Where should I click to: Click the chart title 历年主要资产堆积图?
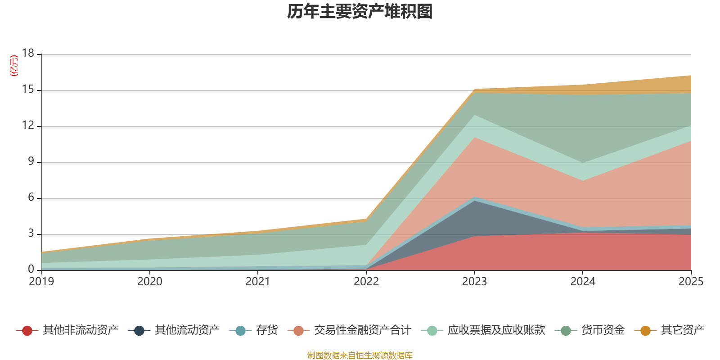pos(360,12)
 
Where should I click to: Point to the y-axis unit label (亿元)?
pos(14,66)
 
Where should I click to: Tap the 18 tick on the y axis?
pos(28,53)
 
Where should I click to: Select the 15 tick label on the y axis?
pos(28,89)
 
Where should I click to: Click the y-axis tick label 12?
pos(28,125)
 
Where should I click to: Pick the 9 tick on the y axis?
pos(31,161)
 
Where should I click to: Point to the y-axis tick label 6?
pos(31,197)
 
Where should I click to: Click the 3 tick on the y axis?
pos(31,233)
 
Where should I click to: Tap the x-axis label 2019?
pos(41,282)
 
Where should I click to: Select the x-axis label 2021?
pos(258,282)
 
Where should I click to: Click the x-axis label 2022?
pos(366,282)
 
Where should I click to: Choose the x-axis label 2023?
pos(474,282)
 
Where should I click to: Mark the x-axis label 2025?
pos(691,282)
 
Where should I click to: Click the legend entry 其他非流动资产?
pos(67,330)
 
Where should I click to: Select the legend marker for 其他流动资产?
pos(139,330)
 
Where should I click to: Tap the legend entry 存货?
pos(254,330)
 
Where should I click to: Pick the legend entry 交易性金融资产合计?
pos(349,330)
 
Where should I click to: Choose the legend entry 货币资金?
pos(590,330)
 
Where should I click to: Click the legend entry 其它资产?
pos(669,330)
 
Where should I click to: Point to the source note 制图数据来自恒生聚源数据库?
pos(360,355)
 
